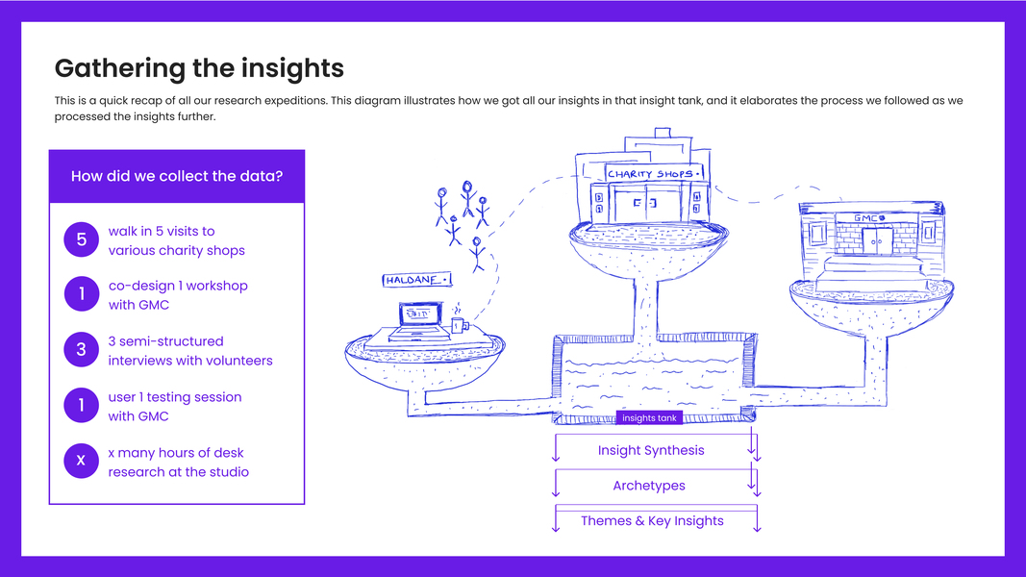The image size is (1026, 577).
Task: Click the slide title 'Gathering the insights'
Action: [199, 68]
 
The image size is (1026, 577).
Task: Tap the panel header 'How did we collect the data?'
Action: [177, 176]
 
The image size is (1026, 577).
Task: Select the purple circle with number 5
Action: [81, 239]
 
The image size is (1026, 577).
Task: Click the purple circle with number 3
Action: [81, 350]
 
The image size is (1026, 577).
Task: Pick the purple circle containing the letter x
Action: [81, 462]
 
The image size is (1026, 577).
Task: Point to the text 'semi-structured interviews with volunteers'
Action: [190, 351]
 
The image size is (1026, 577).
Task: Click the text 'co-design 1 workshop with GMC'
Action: [178, 295]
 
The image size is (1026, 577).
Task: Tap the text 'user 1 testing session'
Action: [175, 397]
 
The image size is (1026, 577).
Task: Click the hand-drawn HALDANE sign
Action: [417, 280]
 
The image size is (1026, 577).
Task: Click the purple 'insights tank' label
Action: [650, 418]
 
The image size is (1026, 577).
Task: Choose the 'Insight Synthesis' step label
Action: [651, 450]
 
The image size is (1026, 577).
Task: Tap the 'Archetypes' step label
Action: [649, 486]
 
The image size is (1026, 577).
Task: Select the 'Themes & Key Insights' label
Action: [652, 520]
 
